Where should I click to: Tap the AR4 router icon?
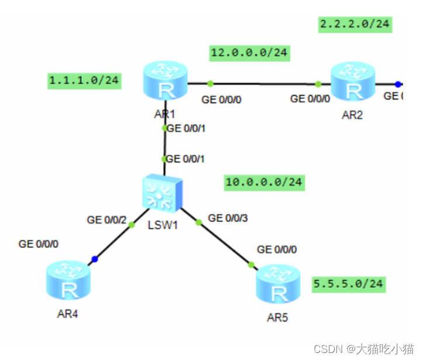[x=68, y=283]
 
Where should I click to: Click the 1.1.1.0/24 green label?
[x=84, y=81]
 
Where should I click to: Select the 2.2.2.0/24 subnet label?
[x=355, y=24]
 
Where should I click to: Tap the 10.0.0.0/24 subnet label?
[x=264, y=182]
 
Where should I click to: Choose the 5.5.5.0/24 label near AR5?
[x=348, y=284]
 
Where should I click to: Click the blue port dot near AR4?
[x=95, y=259]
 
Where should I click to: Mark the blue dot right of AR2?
[x=398, y=84]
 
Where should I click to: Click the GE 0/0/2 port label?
[x=106, y=220]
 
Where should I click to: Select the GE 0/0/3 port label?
[x=228, y=218]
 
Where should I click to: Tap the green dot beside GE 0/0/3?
[x=198, y=222]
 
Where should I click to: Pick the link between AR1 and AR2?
[x=263, y=84]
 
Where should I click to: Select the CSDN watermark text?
[x=363, y=349]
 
